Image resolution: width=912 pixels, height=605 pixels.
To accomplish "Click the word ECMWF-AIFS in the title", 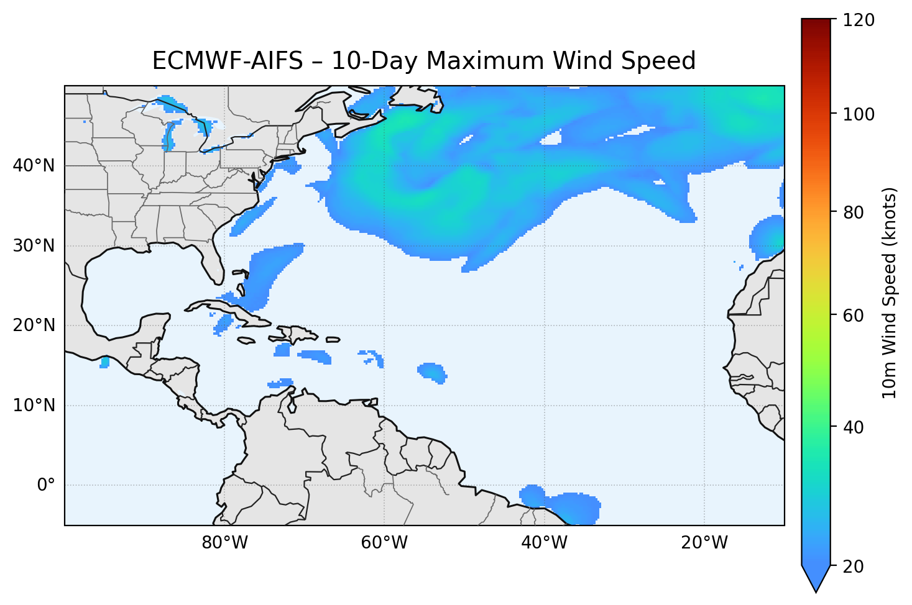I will pos(228,61).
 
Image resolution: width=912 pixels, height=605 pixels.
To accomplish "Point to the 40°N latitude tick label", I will pos(34,166).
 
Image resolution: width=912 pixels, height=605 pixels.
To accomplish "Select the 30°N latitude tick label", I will pos(34,246).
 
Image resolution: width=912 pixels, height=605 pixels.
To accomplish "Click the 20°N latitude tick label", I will pos(34,325).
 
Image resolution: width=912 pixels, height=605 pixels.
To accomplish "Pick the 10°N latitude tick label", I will pos(34,406).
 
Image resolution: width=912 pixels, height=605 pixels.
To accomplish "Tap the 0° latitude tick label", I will pos(45,485).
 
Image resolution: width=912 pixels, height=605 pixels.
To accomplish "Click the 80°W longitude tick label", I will pos(224,543).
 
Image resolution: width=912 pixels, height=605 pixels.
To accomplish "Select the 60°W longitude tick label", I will pos(384,543).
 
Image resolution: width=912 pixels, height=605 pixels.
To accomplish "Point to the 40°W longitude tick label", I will pos(544,543).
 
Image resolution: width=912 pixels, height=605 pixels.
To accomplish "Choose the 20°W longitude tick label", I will pos(704,543).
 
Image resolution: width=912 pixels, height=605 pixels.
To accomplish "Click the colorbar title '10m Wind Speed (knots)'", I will pos(890,293).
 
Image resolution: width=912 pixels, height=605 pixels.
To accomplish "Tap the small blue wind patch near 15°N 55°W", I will pos(432,372).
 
